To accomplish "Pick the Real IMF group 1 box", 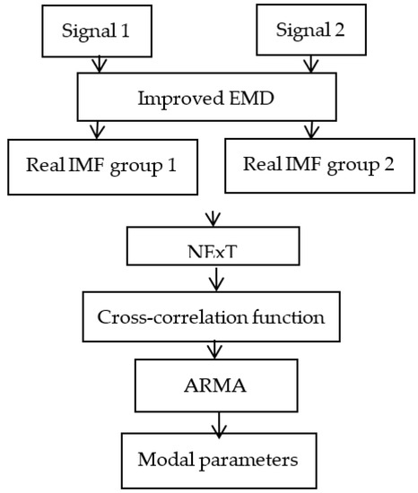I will tap(103, 167).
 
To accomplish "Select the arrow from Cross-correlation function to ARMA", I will tap(212, 351).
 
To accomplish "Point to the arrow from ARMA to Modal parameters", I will tap(212, 423).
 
